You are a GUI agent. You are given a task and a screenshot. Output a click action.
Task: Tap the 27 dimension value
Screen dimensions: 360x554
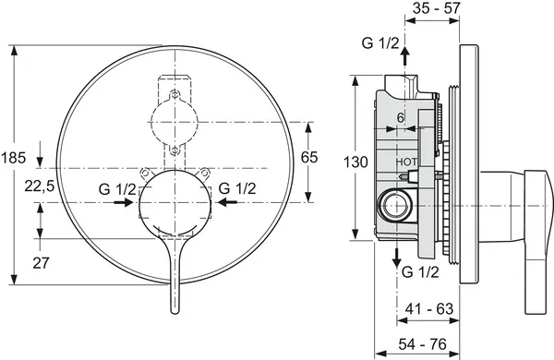42,262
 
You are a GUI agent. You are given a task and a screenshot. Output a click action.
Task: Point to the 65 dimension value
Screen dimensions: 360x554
309,158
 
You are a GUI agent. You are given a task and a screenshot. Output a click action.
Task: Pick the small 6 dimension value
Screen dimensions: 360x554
400,118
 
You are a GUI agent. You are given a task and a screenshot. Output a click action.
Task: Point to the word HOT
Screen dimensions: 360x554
406,162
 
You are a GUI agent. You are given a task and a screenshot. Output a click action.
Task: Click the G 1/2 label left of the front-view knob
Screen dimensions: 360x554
117,188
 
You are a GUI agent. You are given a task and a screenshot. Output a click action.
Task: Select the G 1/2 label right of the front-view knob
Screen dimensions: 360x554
236,188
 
